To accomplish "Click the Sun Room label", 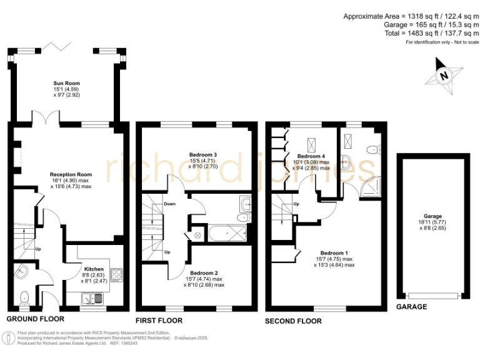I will point(66,83).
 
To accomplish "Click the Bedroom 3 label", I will point(202,154).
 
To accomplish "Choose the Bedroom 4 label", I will point(311,156).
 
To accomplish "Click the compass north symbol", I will point(444,76).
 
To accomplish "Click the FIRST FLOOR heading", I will point(159,321).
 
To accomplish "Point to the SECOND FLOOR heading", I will point(294,321).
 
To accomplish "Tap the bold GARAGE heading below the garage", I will point(412,307).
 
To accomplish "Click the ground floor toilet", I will point(24,297).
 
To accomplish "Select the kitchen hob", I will point(116,274).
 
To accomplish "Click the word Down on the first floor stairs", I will point(169,204).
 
